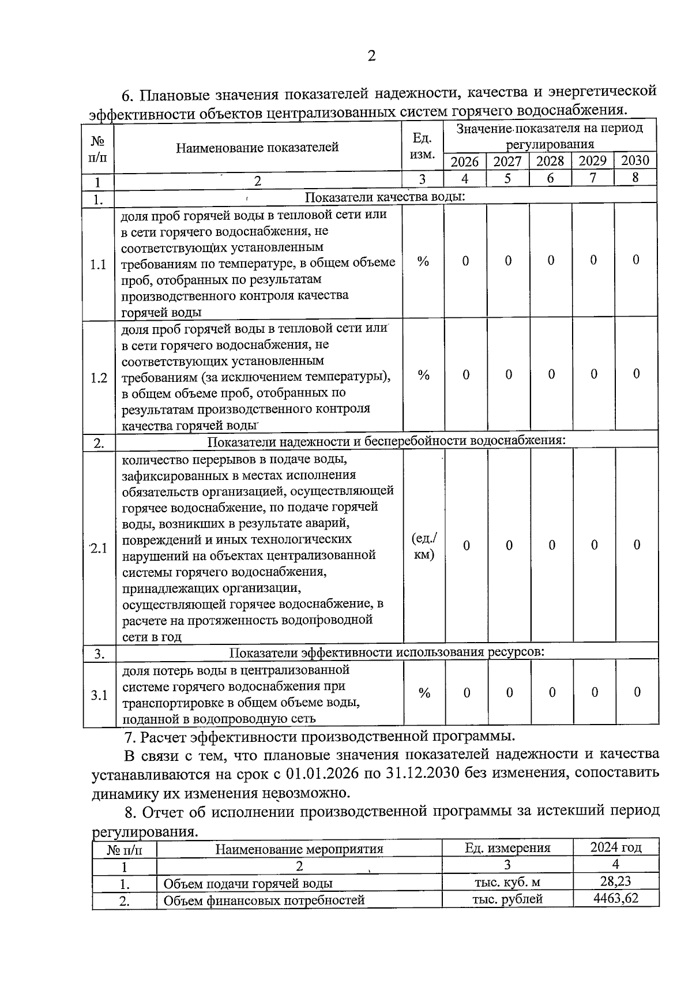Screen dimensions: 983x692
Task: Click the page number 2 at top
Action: click(371, 56)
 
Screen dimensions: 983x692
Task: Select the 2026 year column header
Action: click(464, 161)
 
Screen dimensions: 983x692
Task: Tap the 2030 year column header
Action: click(635, 160)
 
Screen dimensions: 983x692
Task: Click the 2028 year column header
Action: click(550, 161)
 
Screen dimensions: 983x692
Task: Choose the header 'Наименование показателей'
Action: click(257, 147)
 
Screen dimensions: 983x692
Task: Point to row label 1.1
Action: click(98, 265)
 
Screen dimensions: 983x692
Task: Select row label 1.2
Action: click(99, 378)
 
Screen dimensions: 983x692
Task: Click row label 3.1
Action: click(99, 695)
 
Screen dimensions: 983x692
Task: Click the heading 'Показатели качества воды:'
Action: click(385, 197)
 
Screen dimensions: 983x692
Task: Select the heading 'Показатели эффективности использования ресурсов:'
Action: click(387, 652)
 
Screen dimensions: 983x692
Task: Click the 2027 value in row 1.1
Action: click(508, 261)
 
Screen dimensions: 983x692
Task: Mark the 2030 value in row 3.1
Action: click(637, 692)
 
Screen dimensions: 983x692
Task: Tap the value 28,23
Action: click(615, 880)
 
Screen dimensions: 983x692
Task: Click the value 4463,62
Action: click(615, 898)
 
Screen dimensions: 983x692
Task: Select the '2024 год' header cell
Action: click(615, 847)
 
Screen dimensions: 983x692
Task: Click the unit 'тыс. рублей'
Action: click(507, 899)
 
